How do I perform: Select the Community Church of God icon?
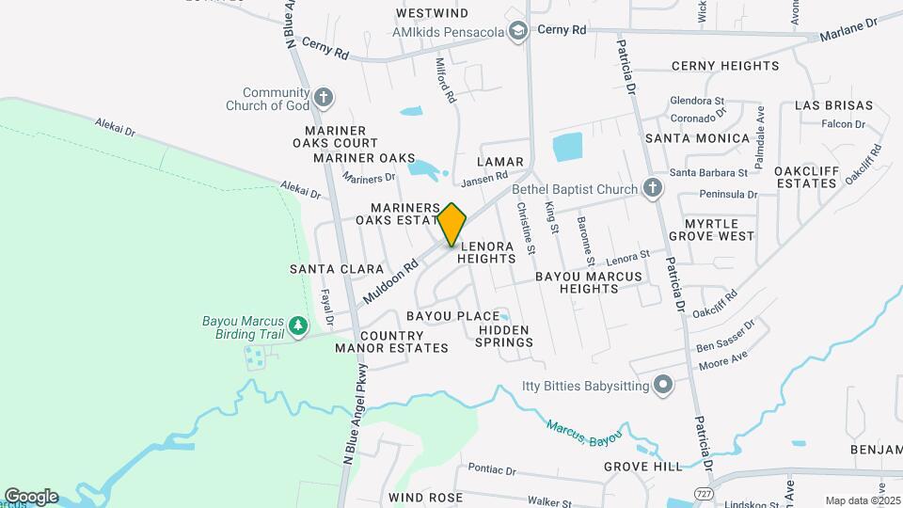click(323, 97)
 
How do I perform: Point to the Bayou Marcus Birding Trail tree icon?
click(298, 325)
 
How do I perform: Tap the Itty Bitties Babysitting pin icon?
click(663, 386)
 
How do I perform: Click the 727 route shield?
click(703, 493)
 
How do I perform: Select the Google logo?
click(31, 497)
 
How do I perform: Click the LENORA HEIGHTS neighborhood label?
click(487, 250)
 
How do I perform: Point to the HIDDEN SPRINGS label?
click(506, 336)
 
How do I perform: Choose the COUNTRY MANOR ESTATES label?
click(391, 341)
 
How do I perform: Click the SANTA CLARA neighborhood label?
click(324, 269)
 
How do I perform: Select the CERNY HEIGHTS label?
click(724, 66)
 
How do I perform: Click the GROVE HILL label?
click(642, 467)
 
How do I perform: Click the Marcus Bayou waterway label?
click(585, 434)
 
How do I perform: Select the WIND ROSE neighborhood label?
click(424, 497)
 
